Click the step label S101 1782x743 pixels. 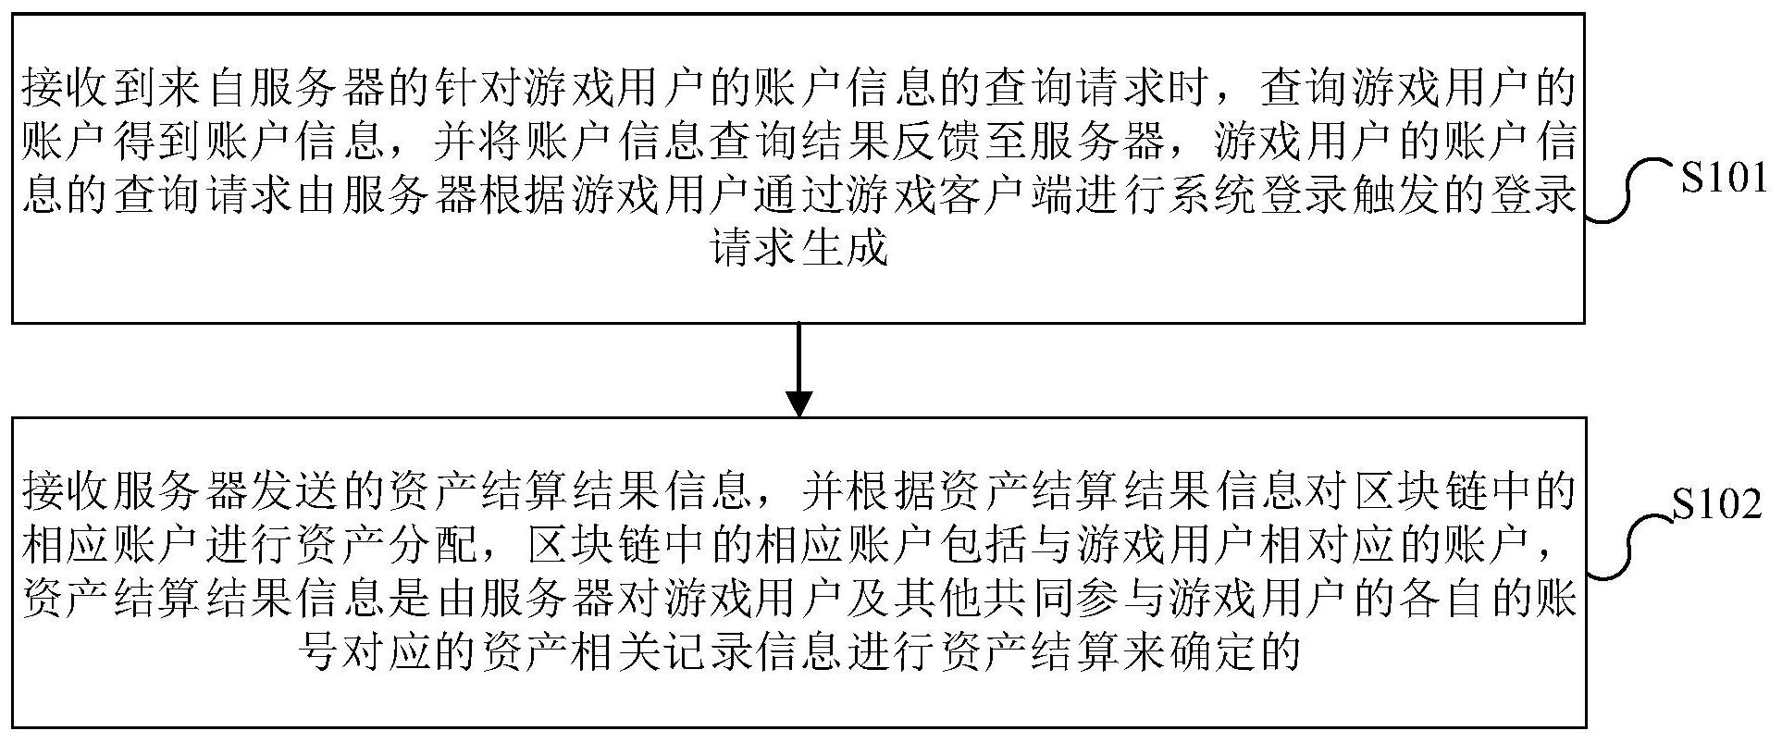[x=1724, y=179]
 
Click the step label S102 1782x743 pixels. [x=1717, y=505]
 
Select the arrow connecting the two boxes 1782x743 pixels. [x=798, y=369]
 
